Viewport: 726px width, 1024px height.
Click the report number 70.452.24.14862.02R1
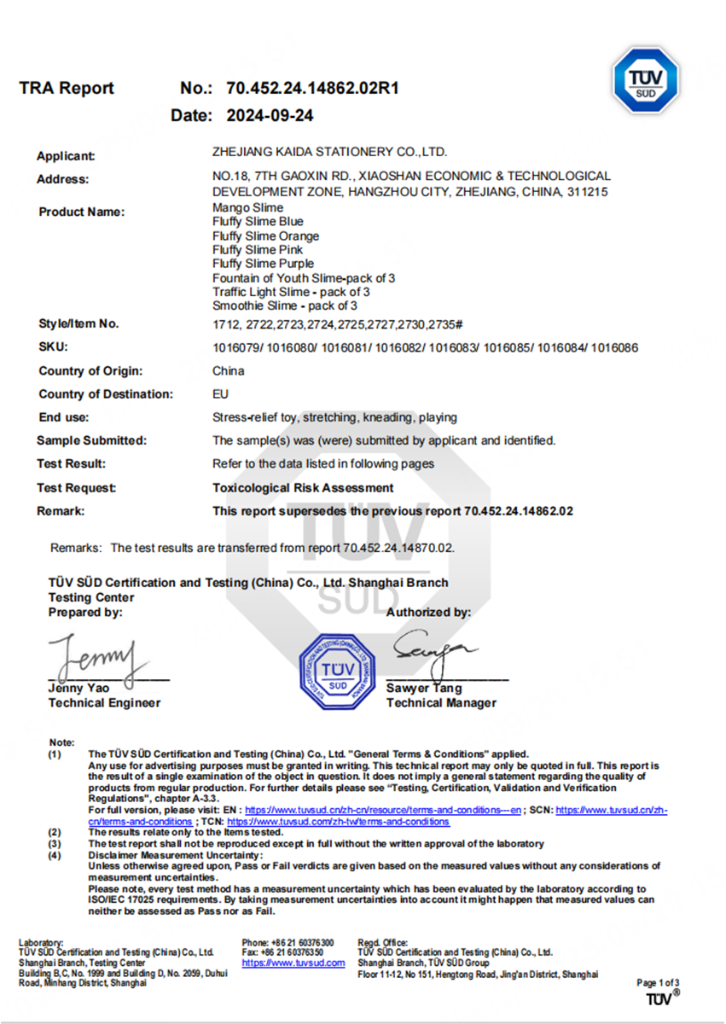[313, 89]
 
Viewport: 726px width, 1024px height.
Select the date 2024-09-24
[269, 116]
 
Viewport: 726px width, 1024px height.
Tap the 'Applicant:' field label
[66, 156]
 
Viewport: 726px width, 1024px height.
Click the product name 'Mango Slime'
[247, 207]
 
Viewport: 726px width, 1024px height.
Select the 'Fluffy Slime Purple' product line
[263, 264]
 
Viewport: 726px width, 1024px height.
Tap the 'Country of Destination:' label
[106, 394]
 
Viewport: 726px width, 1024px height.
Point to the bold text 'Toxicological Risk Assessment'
[303, 488]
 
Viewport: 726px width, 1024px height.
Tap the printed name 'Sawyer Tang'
[424, 688]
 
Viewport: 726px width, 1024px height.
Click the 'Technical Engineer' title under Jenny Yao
[104, 703]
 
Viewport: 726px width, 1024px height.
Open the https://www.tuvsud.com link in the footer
[293, 963]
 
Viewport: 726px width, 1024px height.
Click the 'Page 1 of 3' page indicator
[658, 983]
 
